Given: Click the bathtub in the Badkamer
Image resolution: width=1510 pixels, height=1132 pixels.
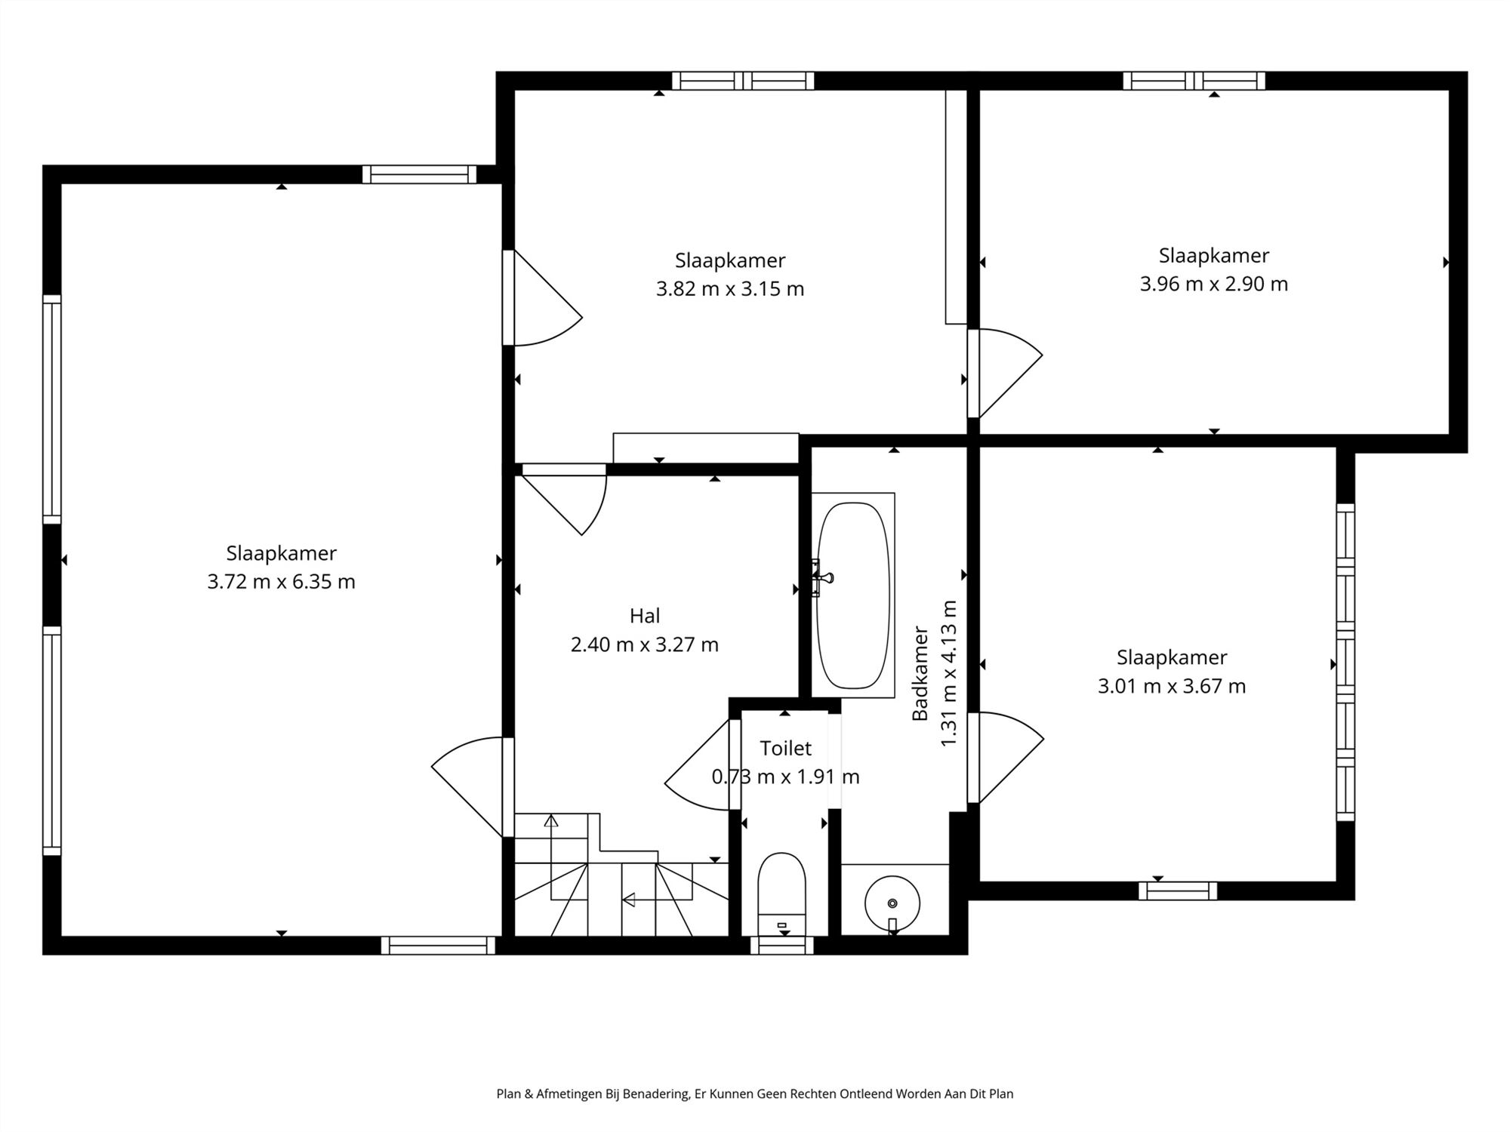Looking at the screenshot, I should coord(853,595).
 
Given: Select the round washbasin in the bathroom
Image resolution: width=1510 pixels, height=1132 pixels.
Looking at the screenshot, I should coord(892,903).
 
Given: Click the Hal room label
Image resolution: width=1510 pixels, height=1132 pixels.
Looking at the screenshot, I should coord(645,616).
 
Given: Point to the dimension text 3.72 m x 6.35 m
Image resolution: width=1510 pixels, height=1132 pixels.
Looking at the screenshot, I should coord(281,582).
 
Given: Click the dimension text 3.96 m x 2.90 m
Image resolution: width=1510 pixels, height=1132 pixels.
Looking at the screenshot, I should coord(1213,284).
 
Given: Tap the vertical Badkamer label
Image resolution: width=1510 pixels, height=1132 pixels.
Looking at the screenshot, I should coord(920,673).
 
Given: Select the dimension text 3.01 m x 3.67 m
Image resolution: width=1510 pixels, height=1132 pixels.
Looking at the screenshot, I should coord(1171,686).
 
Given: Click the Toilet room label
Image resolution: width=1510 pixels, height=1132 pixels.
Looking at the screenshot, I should coord(785,748).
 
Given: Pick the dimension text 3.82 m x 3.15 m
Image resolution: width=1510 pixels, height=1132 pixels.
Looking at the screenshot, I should coord(729,289).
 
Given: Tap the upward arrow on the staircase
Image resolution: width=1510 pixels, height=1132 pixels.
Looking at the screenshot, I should coord(551,821).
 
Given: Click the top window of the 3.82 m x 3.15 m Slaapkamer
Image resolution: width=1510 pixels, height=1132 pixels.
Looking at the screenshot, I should coord(743,81).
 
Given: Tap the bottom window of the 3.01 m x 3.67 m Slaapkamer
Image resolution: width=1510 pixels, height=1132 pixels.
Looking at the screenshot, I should coord(1177,891).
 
